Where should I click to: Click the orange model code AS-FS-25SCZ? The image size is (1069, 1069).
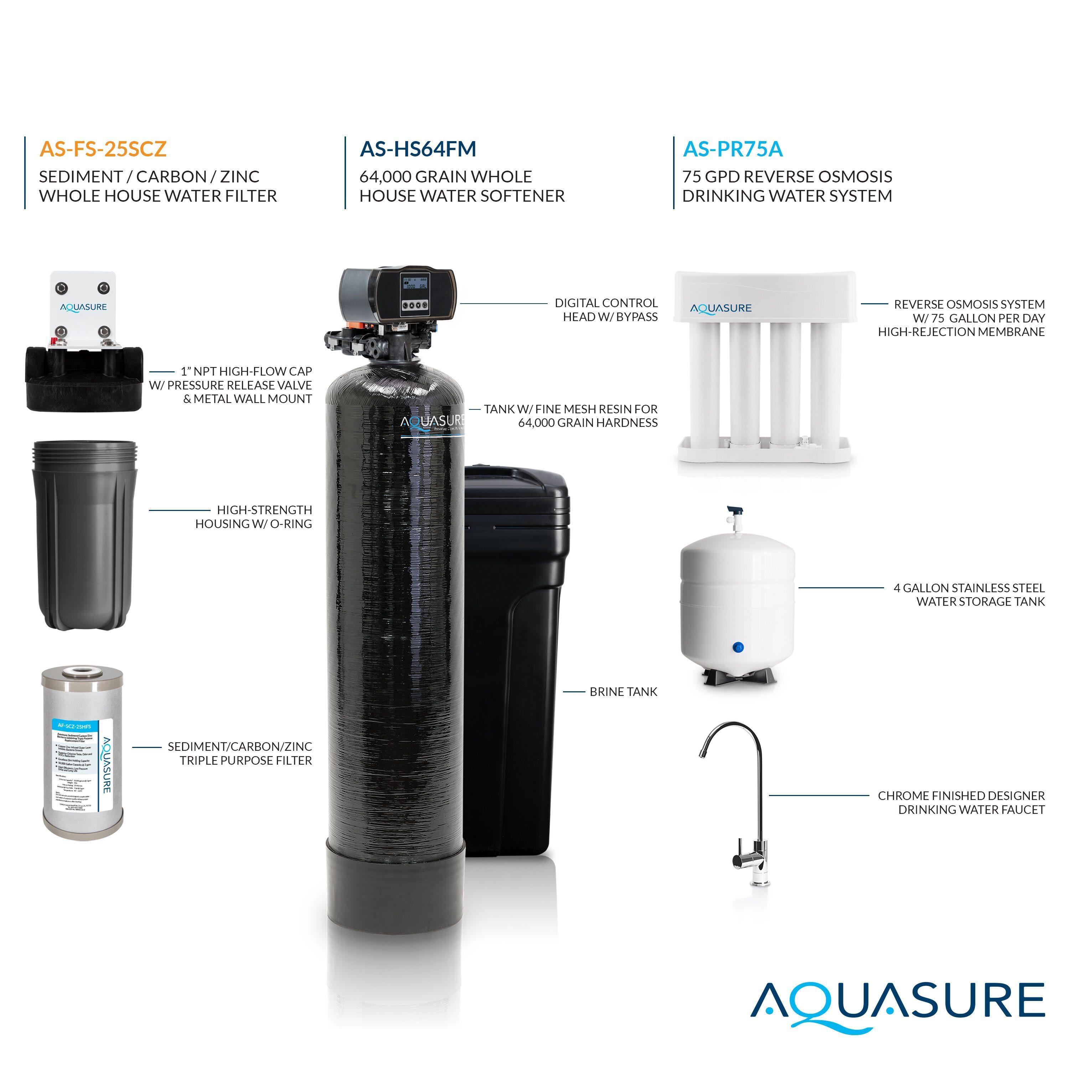coord(103,149)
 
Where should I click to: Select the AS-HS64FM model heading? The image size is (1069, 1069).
coord(418,149)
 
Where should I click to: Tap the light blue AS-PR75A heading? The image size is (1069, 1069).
coord(733,149)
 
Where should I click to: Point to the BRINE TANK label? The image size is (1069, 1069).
coord(623,692)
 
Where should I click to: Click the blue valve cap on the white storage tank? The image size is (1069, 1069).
coord(738,647)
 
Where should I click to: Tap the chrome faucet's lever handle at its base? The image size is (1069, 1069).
coord(743,859)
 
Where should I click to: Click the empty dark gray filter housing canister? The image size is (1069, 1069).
coord(83,534)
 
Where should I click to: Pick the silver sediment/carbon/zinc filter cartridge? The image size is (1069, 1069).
coord(83,755)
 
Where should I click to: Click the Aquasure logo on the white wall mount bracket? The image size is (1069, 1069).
coord(83,307)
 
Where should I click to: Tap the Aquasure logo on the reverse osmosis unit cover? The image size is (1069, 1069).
coord(721,308)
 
